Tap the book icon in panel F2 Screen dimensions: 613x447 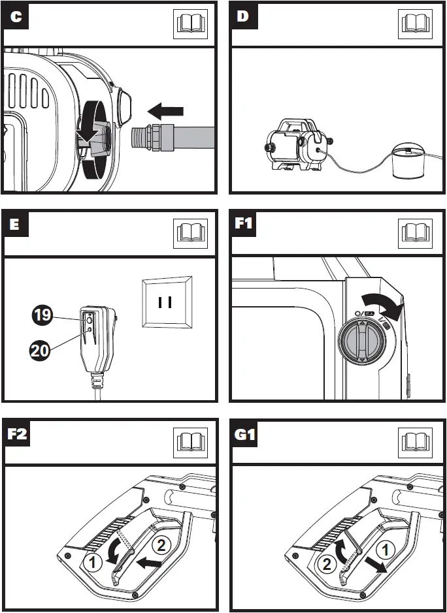click(189, 442)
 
